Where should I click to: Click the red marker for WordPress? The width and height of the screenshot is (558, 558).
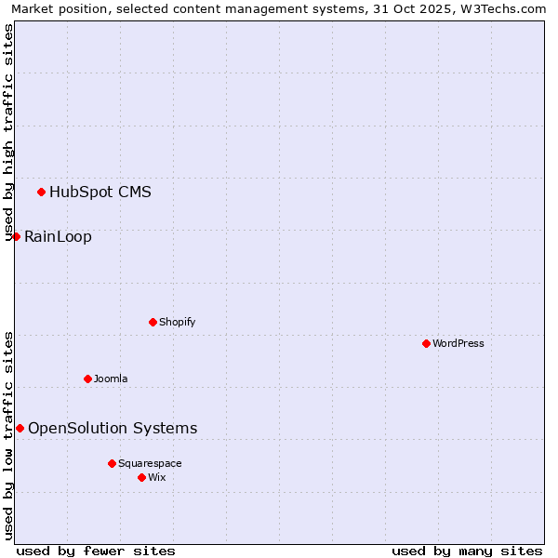tap(426, 343)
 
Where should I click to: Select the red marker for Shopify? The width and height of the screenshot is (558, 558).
tap(153, 322)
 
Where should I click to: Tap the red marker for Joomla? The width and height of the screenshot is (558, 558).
tap(87, 379)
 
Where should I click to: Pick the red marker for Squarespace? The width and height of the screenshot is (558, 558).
tap(112, 463)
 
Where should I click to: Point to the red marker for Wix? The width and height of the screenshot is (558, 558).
tap(141, 477)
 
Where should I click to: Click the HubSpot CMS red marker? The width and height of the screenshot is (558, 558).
tap(41, 192)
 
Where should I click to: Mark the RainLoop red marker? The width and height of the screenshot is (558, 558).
tap(16, 236)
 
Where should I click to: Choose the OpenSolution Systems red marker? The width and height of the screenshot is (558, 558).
tap(20, 428)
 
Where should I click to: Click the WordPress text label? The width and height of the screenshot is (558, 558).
tap(458, 343)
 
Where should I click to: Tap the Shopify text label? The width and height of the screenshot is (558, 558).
tap(177, 322)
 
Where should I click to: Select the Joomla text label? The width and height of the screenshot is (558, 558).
tap(111, 379)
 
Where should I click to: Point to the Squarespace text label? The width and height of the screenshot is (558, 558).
tap(150, 463)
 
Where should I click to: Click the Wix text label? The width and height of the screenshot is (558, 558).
tap(157, 477)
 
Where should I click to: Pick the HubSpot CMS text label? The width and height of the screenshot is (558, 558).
tap(100, 193)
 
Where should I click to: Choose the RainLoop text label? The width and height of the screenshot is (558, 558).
tap(58, 237)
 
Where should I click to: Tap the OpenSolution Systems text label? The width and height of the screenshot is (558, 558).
tap(113, 429)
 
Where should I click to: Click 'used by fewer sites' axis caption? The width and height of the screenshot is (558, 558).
tap(96, 551)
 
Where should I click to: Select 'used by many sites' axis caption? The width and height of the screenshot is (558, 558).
tap(467, 551)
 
